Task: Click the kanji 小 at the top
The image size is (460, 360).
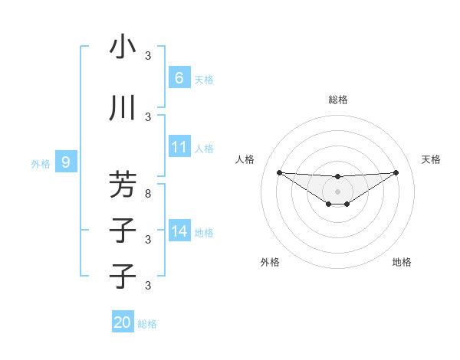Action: pyautogui.click(x=123, y=47)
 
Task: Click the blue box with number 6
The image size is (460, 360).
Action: pyautogui.click(x=179, y=78)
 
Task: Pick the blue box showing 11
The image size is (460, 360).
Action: pyautogui.click(x=179, y=147)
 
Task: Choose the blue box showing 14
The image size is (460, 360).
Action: pyautogui.click(x=179, y=231)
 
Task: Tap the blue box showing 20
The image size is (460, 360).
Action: pyautogui.click(x=123, y=322)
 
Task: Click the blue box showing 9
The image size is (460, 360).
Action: pyautogui.click(x=66, y=162)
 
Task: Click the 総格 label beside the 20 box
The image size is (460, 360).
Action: pyautogui.click(x=147, y=324)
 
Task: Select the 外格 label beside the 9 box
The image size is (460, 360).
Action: pyautogui.click(x=41, y=163)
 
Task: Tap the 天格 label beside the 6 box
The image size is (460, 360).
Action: pyautogui.click(x=203, y=79)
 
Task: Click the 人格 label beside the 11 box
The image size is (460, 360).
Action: pyautogui.click(x=203, y=148)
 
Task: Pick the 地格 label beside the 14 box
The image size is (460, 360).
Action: pyautogui.click(x=203, y=232)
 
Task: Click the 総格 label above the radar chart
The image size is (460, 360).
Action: pyautogui.click(x=337, y=100)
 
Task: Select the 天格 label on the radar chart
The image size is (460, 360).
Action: pyautogui.click(x=431, y=159)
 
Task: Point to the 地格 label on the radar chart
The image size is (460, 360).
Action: pyautogui.click(x=402, y=262)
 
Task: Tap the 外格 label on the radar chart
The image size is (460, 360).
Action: pyautogui.click(x=270, y=262)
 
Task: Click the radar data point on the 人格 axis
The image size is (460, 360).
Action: pyautogui.click(x=279, y=172)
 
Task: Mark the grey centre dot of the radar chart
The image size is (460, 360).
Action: pyautogui.click(x=337, y=191)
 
